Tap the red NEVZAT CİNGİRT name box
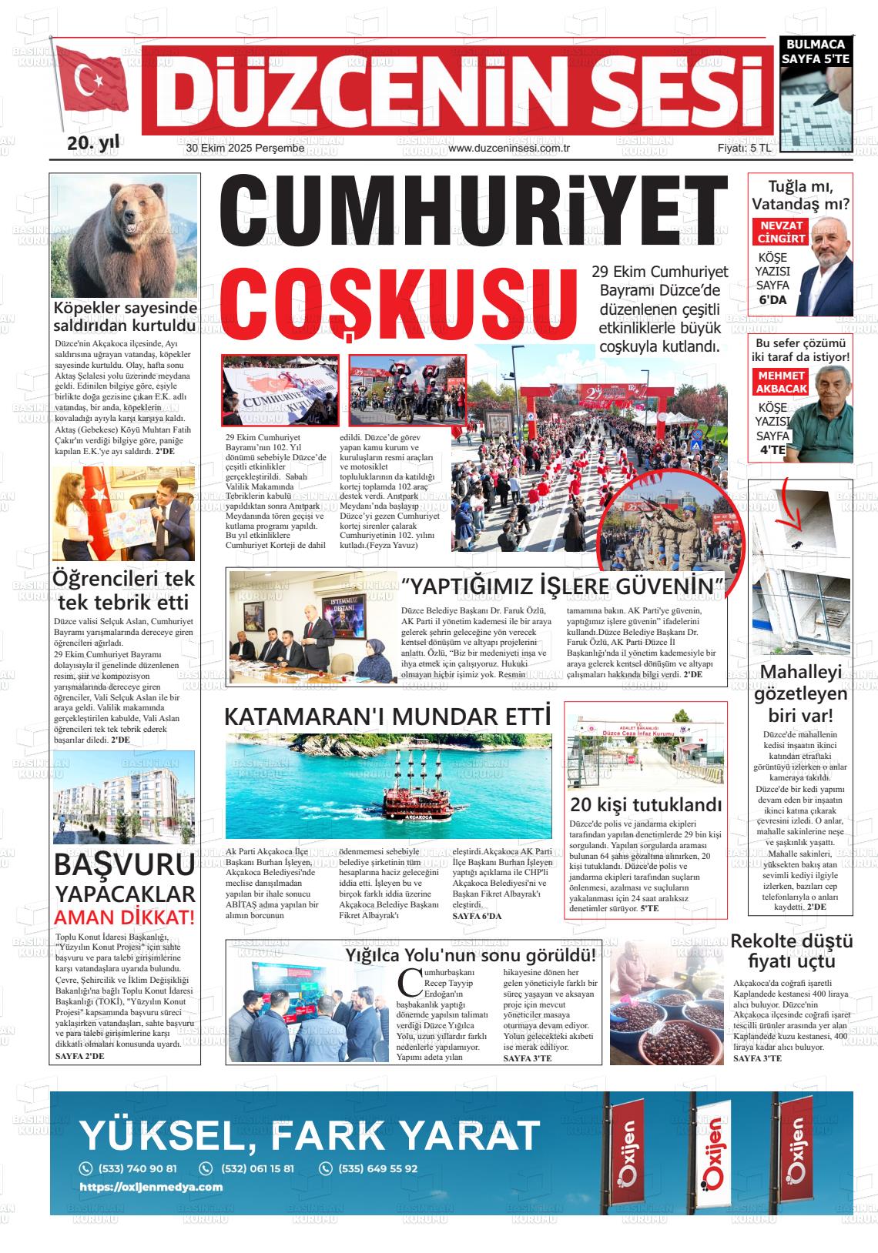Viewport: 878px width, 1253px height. (782, 232)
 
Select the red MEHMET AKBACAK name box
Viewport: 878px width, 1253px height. (781, 382)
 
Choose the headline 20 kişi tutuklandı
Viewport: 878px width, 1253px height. (645, 805)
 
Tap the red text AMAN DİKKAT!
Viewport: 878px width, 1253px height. (124, 917)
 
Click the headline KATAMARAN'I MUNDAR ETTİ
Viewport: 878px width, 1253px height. (387, 717)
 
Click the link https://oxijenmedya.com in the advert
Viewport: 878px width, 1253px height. (151, 1187)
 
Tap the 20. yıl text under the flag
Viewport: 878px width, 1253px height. (93, 143)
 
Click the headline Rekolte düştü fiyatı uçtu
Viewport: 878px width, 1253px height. (792, 951)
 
